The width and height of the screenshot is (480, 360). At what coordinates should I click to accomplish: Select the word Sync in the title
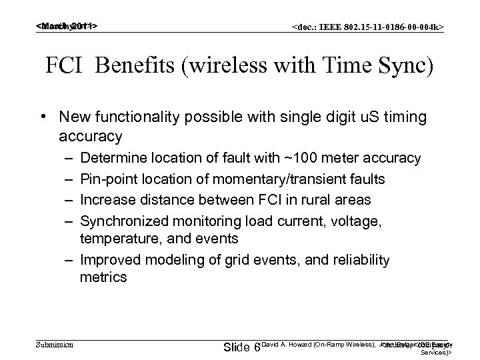[407, 67]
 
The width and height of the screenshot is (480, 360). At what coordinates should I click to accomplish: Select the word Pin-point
[102, 179]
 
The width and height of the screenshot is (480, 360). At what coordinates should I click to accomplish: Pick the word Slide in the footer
[236, 347]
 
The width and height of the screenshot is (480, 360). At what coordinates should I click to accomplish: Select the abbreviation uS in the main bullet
[369, 117]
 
